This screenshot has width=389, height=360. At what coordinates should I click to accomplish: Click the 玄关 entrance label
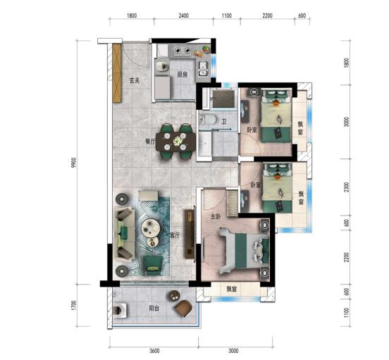tap(135, 80)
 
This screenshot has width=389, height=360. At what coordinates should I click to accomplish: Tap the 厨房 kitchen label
tap(183, 75)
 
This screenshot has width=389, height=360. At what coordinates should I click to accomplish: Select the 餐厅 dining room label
tap(150, 142)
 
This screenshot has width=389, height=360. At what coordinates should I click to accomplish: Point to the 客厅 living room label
tap(175, 235)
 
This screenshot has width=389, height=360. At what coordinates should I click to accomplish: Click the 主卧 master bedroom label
tap(215, 217)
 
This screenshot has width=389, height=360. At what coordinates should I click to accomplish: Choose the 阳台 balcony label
tap(154, 309)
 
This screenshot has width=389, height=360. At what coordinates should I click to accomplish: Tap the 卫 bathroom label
tap(224, 121)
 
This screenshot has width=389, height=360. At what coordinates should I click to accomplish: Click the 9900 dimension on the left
tap(75, 163)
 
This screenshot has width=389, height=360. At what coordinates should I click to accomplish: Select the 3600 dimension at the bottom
tap(154, 351)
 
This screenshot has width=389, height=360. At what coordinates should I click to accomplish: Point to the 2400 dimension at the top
tap(184, 15)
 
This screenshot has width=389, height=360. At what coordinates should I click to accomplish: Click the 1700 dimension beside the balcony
tap(74, 305)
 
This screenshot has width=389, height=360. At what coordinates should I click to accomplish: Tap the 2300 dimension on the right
tap(347, 187)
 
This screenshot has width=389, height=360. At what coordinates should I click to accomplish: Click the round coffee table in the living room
tap(150, 227)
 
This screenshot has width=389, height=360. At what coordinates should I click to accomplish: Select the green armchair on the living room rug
tap(153, 266)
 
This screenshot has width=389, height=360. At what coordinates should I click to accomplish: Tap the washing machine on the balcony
tap(120, 310)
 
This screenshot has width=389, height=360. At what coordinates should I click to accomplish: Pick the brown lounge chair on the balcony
tap(184, 308)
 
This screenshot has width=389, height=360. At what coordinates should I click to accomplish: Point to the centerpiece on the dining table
tap(178, 141)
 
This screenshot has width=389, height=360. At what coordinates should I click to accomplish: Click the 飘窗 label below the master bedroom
tap(232, 289)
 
